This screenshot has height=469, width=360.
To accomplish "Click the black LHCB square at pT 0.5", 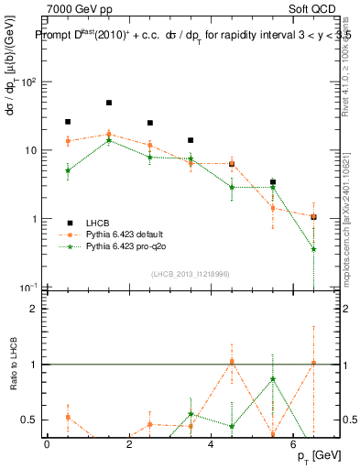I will pos(68,121).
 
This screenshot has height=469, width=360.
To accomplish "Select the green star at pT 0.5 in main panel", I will pos(68,170).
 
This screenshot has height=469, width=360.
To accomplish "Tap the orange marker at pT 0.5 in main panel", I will pos(68,140).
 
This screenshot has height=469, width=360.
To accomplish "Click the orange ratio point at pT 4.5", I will pos(232,361).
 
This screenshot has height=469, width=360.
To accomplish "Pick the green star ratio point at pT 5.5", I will pos(273,379).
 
